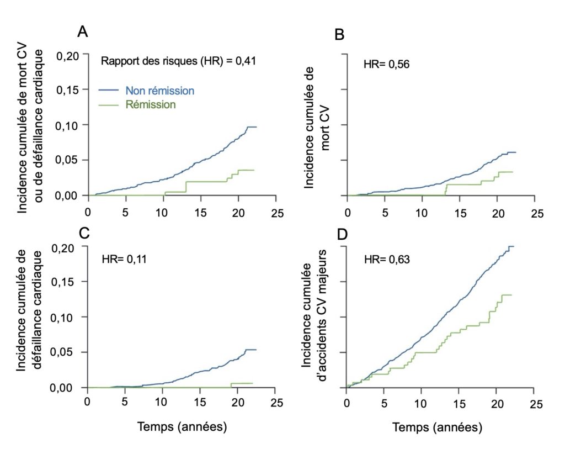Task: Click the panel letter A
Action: (82, 32)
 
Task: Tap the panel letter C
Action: (84, 234)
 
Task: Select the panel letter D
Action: (342, 234)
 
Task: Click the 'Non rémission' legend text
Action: (159, 90)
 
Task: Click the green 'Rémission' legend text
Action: (151, 104)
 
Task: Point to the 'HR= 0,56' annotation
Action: (386, 65)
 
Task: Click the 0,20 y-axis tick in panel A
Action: (70, 55)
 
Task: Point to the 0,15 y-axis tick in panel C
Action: (70, 282)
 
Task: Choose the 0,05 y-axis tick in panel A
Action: (70, 160)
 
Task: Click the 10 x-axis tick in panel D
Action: (422, 404)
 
